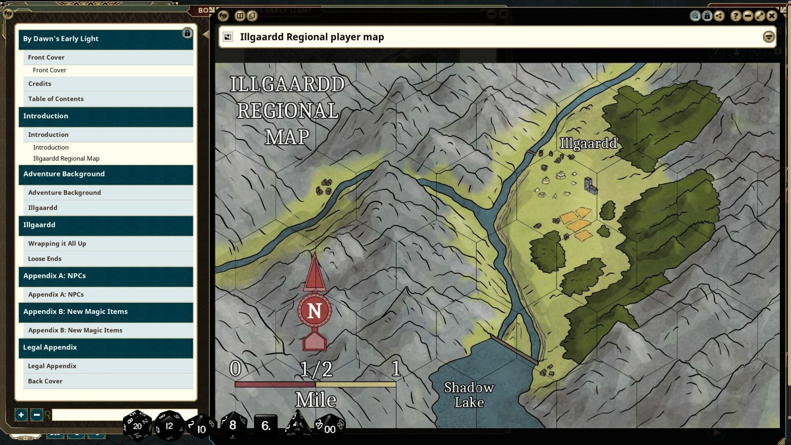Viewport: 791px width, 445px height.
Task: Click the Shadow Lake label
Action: pyautogui.click(x=469, y=394)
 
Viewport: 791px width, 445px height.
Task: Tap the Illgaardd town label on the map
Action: pyautogui.click(x=588, y=143)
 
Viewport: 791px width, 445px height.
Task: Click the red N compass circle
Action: pyautogui.click(x=314, y=311)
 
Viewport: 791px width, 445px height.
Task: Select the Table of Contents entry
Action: pyautogui.click(x=56, y=99)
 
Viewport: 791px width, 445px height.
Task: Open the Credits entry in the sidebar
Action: pyautogui.click(x=40, y=84)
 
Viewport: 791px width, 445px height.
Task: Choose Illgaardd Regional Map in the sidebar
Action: pyautogui.click(x=66, y=159)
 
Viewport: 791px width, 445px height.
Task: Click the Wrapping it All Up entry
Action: pyautogui.click(x=57, y=244)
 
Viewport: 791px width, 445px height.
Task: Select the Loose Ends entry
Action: pyautogui.click(x=44, y=259)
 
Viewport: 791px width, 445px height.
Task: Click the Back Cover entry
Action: pyautogui.click(x=45, y=381)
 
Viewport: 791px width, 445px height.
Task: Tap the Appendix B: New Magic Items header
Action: pyautogui.click(x=75, y=312)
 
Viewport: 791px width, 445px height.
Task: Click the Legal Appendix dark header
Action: pyautogui.click(x=50, y=347)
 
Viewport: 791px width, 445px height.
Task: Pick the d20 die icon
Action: pyautogui.click(x=137, y=426)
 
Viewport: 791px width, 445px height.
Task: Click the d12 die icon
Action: pyautogui.click(x=169, y=426)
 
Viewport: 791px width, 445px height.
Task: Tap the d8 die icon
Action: pyautogui.click(x=233, y=425)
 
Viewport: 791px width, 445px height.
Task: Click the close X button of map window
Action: pyautogui.click(x=772, y=16)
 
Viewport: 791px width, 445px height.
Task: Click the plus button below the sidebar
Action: pyautogui.click(x=21, y=415)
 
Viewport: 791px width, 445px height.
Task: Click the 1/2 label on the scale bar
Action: pyautogui.click(x=316, y=369)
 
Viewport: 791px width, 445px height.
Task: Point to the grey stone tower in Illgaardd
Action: pyautogui.click(x=590, y=186)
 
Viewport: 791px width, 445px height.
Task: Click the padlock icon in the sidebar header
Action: pyautogui.click(x=187, y=33)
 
